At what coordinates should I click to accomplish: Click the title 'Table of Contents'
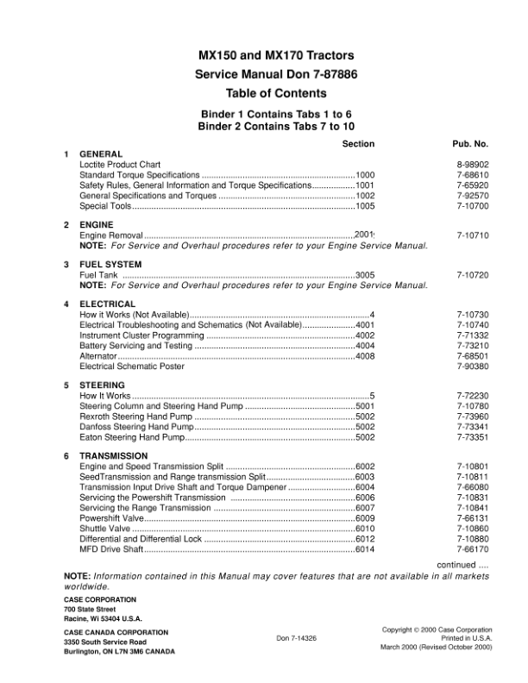click(275, 93)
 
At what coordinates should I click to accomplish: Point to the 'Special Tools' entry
click(105, 206)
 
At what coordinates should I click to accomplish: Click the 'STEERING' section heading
click(103, 385)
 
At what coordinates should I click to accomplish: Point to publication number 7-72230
click(473, 395)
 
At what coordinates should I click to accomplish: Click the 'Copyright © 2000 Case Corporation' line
click(437, 630)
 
